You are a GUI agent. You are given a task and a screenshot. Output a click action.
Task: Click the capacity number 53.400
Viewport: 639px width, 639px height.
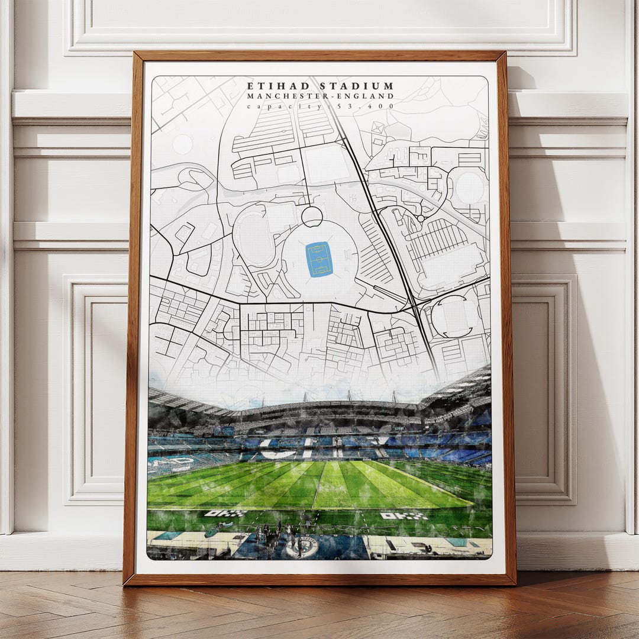369,106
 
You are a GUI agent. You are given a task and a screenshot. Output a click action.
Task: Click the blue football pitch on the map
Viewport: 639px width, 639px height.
319,259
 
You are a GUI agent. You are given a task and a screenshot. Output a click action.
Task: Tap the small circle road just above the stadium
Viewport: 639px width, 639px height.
312,216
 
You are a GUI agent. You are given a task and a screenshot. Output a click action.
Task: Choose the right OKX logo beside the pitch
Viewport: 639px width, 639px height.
404,516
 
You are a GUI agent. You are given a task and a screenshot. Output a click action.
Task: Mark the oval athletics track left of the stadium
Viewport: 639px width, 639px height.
254,235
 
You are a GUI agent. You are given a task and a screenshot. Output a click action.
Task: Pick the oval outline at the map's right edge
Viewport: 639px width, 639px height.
469,188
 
